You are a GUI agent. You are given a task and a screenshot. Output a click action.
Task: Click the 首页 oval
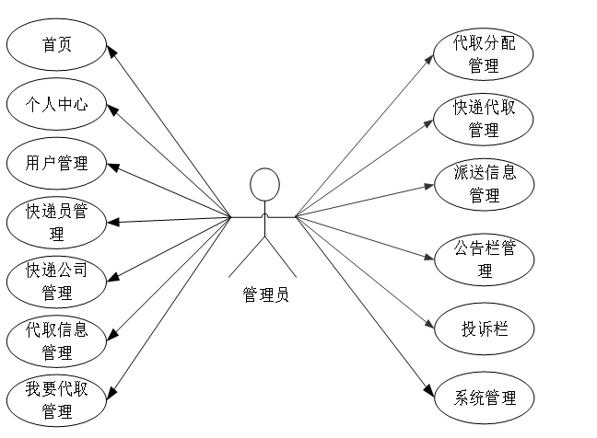(x=56, y=45)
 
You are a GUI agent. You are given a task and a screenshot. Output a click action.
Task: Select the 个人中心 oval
(x=56, y=104)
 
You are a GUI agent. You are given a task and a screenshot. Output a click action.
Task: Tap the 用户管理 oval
(x=56, y=163)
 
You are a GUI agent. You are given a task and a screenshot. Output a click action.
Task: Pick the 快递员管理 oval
(x=56, y=223)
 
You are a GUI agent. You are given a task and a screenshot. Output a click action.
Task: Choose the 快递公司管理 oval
(x=56, y=282)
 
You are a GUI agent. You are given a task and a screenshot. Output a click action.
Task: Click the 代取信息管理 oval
(x=56, y=340)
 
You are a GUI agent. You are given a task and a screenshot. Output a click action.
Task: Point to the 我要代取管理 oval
(x=56, y=399)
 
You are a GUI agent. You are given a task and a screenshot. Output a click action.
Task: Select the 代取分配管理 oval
(x=484, y=54)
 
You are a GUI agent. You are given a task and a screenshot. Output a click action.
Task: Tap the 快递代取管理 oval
(x=484, y=119)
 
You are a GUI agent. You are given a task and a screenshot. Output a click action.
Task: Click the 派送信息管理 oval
(x=484, y=184)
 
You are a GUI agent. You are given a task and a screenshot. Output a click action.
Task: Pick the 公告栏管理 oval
(x=484, y=259)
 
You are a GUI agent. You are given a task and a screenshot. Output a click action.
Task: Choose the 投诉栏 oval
(x=484, y=328)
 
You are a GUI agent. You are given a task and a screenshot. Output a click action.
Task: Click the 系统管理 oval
(x=484, y=398)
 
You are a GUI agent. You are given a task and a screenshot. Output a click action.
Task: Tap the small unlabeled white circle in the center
(x=264, y=184)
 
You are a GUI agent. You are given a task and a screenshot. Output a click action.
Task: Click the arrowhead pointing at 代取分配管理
(x=429, y=57)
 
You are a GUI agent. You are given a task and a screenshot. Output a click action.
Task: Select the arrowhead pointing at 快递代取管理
(x=429, y=121)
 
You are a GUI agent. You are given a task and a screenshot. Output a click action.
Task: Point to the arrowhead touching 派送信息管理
(x=429, y=186)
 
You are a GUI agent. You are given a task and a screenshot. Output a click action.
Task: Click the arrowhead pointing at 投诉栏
(x=429, y=324)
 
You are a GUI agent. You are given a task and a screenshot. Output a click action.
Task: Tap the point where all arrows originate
(x=296, y=217)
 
